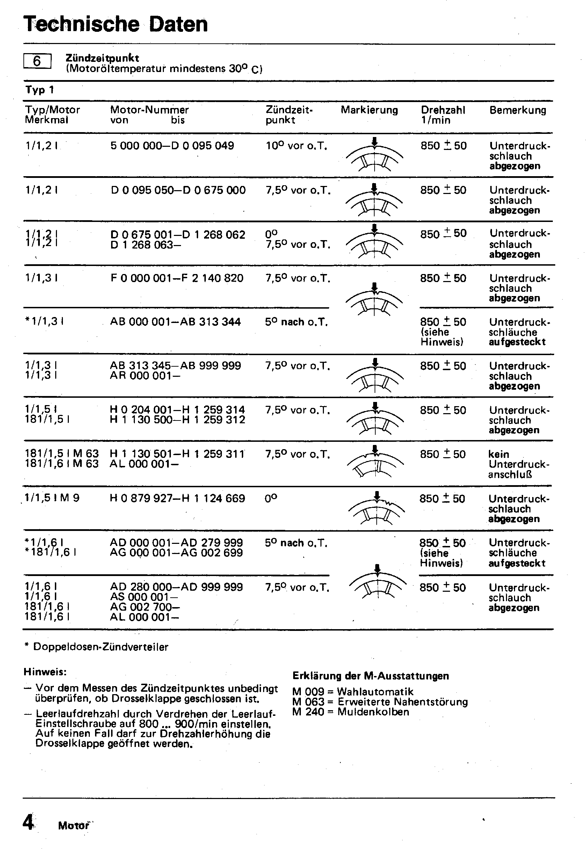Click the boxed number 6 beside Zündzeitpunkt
tap(37, 61)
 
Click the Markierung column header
tap(369, 110)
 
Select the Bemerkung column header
tap(518, 110)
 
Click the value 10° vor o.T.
tap(296, 146)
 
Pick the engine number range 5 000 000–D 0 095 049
tap(172, 146)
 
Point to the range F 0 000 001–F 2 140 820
tap(176, 278)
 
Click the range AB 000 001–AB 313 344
tap(175, 322)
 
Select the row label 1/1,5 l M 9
tap(52, 498)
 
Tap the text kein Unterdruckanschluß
tap(519, 464)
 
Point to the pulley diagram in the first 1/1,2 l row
tap(374, 155)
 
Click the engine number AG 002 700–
tap(145, 607)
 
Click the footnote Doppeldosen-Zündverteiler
tap(101, 647)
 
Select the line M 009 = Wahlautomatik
tap(353, 692)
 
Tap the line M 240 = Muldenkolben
tap(350, 712)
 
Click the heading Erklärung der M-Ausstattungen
tap(370, 676)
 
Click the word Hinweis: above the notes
tap(45, 672)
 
